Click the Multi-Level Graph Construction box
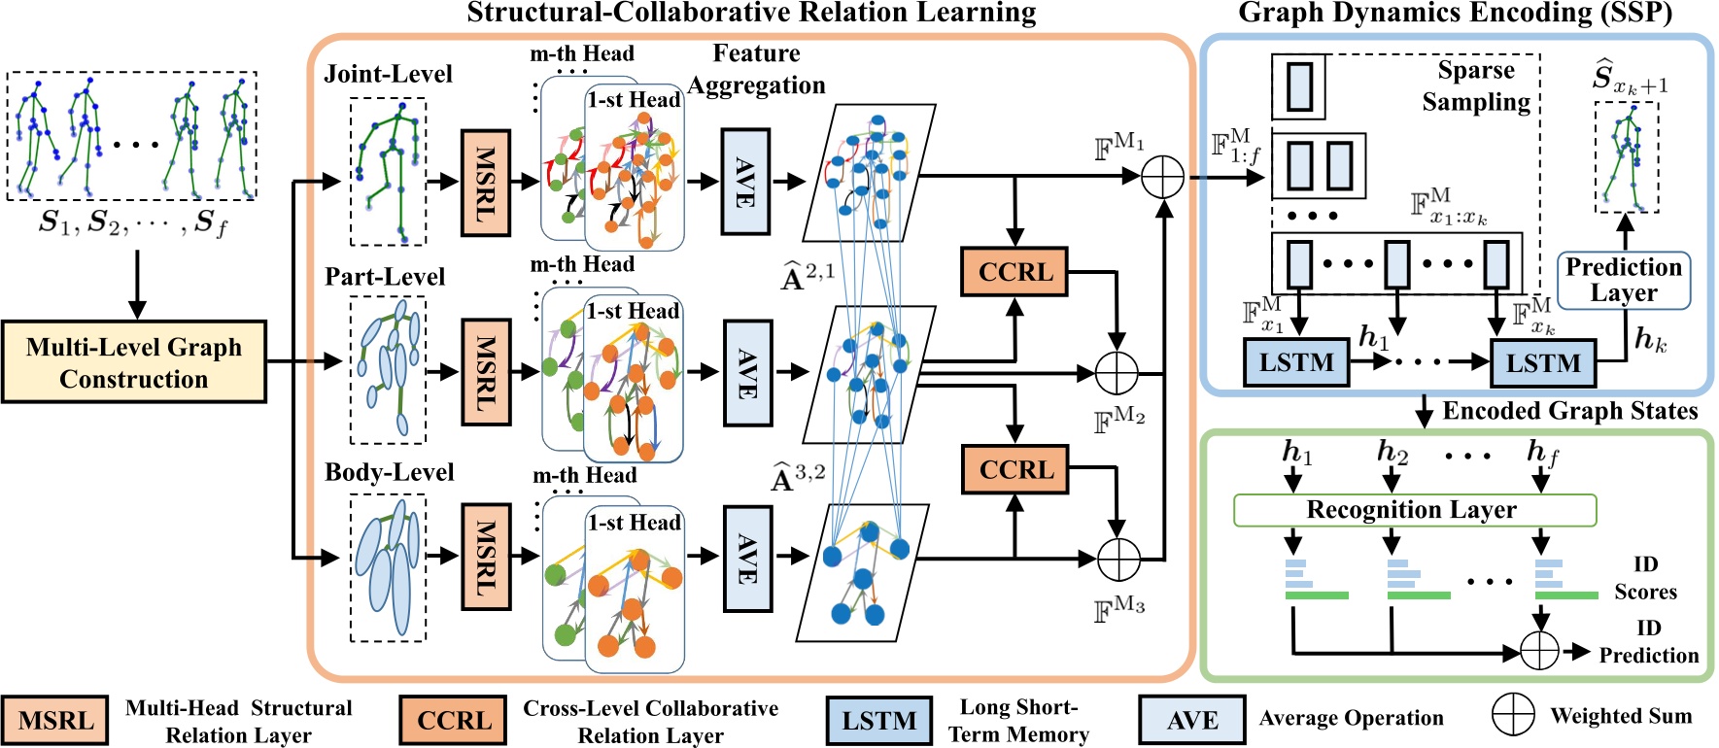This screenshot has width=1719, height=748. (x=134, y=362)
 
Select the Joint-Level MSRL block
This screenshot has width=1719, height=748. (x=485, y=183)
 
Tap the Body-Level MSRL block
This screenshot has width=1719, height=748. (x=485, y=557)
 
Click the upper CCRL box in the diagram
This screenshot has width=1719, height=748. (x=1014, y=272)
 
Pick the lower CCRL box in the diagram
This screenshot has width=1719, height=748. (x=1014, y=470)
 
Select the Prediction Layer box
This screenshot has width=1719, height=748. (x=1623, y=281)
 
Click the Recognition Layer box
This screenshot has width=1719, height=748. (x=1414, y=510)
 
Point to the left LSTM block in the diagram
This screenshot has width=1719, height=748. (x=1296, y=362)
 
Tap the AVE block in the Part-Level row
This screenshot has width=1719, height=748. (x=747, y=373)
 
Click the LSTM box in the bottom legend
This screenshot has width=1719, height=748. (x=878, y=721)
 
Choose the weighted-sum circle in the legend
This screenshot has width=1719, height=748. (x=1512, y=716)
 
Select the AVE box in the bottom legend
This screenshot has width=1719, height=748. (x=1191, y=720)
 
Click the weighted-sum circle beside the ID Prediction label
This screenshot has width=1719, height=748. (x=1539, y=651)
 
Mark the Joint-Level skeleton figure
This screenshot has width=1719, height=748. (x=388, y=171)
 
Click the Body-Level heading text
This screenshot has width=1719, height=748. (x=389, y=473)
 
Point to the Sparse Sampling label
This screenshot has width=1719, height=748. (x=1475, y=86)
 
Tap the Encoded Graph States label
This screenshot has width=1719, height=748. (x=1569, y=411)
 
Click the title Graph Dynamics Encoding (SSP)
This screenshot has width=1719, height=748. (x=1455, y=13)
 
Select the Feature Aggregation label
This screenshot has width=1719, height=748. (x=756, y=69)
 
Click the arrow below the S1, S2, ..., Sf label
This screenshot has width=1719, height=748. (x=137, y=284)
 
